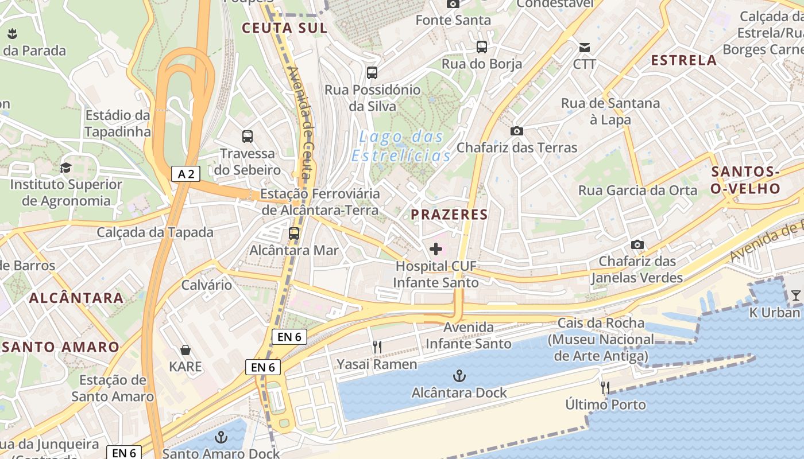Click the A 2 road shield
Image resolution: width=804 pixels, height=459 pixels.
click(185, 174)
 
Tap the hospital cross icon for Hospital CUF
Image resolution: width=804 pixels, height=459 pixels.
click(436, 249)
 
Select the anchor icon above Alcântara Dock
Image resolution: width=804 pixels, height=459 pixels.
click(459, 376)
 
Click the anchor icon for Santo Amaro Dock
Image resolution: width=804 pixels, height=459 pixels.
click(221, 438)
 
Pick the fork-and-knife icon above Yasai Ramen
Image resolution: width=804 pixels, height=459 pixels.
click(377, 347)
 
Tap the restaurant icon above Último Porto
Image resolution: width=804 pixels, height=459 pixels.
click(605, 388)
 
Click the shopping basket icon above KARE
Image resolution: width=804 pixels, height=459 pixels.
click(185, 350)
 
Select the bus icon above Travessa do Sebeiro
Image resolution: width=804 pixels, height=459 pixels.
click(248, 137)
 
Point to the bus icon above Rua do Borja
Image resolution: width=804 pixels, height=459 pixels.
click(481, 47)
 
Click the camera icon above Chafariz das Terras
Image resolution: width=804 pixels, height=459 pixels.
click(516, 131)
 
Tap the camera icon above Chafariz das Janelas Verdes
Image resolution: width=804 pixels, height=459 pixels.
click(637, 245)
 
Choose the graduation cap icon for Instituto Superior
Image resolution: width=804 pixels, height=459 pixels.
click(65, 168)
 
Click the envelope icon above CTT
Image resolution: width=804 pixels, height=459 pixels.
click(585, 47)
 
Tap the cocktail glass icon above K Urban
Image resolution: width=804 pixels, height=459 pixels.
click(795, 295)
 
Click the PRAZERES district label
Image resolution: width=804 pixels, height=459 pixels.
click(449, 215)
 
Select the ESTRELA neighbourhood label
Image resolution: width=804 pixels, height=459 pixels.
click(684, 60)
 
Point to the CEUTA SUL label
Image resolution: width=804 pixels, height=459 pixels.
click(284, 28)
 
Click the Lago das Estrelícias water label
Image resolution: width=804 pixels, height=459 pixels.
click(401, 146)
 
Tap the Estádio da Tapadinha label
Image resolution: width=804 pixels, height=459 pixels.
click(118, 123)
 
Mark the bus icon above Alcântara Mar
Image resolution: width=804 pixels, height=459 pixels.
click(294, 234)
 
